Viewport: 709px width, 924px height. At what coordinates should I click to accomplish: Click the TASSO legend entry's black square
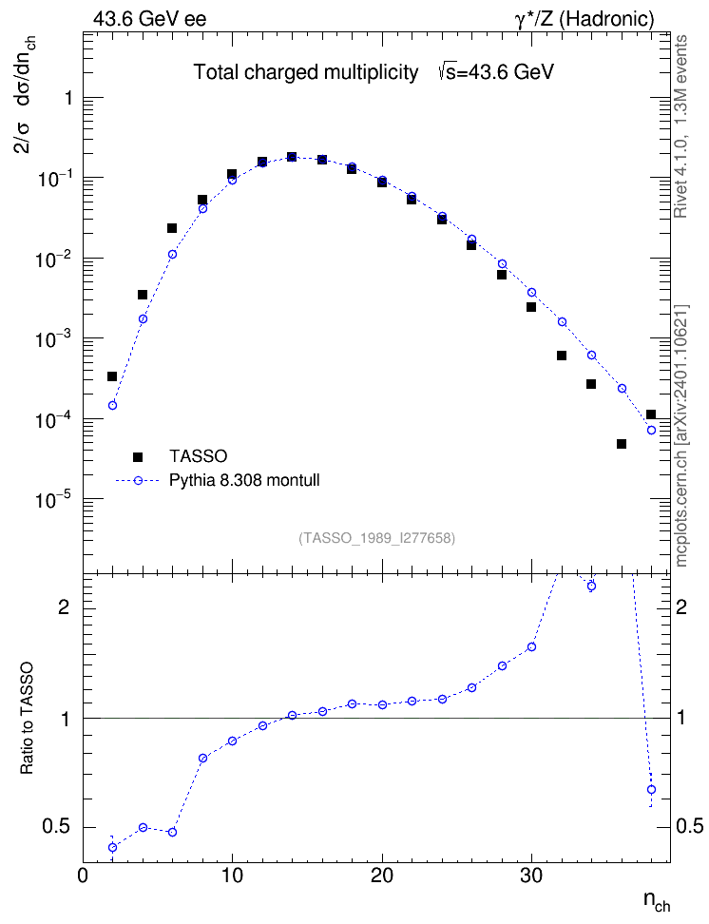[x=138, y=456]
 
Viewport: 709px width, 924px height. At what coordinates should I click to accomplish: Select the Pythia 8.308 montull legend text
[x=244, y=480]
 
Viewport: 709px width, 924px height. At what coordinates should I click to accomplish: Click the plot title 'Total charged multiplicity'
[x=306, y=72]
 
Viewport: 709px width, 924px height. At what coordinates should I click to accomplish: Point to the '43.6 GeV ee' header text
[x=150, y=19]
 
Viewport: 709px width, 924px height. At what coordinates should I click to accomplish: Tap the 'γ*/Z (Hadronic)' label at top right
[x=584, y=19]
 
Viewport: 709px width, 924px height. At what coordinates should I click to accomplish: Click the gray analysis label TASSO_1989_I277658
[x=377, y=538]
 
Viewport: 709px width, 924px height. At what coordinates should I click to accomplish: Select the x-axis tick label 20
[x=382, y=876]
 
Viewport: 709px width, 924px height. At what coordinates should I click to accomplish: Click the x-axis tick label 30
[x=531, y=876]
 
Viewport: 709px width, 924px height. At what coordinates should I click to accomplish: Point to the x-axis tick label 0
[x=83, y=876]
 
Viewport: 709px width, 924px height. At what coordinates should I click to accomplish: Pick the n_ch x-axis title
[x=657, y=901]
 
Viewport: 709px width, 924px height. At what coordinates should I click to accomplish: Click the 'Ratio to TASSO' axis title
[x=27, y=719]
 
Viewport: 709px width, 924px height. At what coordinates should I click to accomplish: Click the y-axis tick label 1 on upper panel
[x=69, y=98]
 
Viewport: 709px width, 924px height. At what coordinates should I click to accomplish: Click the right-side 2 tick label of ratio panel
[x=681, y=606]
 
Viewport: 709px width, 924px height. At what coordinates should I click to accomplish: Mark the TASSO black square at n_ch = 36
[x=622, y=444]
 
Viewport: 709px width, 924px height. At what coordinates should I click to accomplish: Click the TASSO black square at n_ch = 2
[x=112, y=376]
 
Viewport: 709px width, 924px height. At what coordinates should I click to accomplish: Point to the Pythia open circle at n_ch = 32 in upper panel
[x=562, y=321]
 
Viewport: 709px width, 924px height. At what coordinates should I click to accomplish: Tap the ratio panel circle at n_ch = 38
[x=651, y=790]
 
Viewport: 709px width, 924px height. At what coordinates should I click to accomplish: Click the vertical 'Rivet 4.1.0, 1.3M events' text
[x=680, y=126]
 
